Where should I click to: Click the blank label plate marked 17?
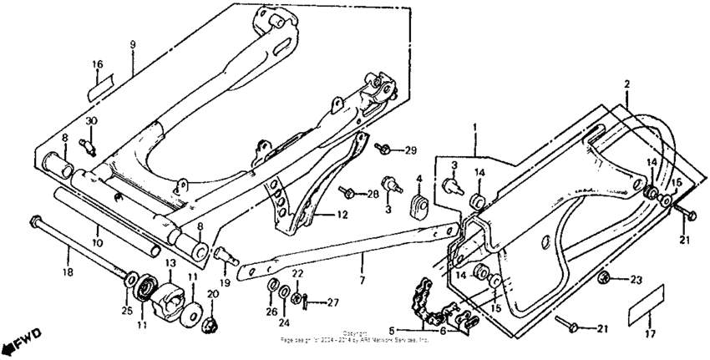[x=646, y=303]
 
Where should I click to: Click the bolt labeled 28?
[x=348, y=194]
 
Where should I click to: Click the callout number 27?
[x=332, y=302]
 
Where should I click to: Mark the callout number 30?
[x=91, y=121]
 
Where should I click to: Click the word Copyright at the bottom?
[x=354, y=332]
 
